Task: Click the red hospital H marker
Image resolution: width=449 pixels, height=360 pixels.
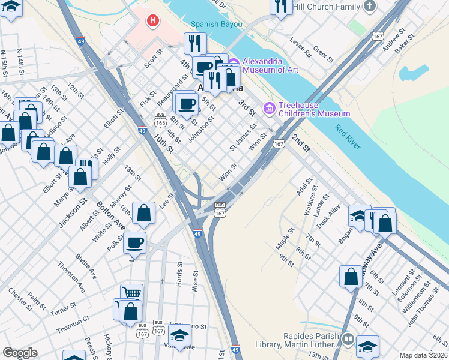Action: coord(154,21)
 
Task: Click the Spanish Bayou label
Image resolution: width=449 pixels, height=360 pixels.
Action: coord(216,25)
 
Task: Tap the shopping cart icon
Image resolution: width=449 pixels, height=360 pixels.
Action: coord(132,293)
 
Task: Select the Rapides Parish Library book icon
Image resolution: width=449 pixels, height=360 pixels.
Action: coord(348,340)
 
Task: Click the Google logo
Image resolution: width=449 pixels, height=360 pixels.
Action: coord(20,352)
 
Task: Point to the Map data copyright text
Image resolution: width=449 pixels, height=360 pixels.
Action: coord(423,355)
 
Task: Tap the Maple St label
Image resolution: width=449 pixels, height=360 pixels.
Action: coord(285,238)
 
